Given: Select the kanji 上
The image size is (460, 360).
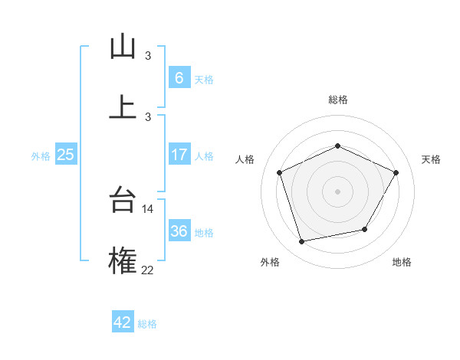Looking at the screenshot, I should tap(123, 106).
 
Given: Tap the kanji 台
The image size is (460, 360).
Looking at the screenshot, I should tap(123, 200).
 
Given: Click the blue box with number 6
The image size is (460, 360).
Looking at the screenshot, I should tap(179, 78).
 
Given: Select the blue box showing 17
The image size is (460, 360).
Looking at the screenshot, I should tap(179, 155).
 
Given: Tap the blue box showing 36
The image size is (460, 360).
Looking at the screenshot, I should tap(179, 231).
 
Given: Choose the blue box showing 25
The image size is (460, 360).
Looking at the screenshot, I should tap(65, 155).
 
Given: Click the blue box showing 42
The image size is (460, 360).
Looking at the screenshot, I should tap(123, 322).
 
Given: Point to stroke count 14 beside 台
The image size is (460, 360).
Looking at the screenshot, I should tap(148, 208).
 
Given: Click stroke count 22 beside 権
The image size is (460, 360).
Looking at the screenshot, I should tap(148, 270).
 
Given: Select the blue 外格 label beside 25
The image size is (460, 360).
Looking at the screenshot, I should tap(41, 155).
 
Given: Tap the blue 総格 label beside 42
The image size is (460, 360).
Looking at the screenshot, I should tap(147, 324).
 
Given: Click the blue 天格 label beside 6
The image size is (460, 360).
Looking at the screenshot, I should tap(204, 79).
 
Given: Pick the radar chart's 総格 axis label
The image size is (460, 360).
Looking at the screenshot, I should tap(337, 100).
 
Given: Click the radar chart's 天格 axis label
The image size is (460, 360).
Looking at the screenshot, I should tap(431, 159).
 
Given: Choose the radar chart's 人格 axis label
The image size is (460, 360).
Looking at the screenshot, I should tap(245, 159).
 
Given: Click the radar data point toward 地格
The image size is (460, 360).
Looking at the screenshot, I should tap(365, 229).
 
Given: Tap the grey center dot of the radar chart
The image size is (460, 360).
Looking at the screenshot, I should tap(337, 191).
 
